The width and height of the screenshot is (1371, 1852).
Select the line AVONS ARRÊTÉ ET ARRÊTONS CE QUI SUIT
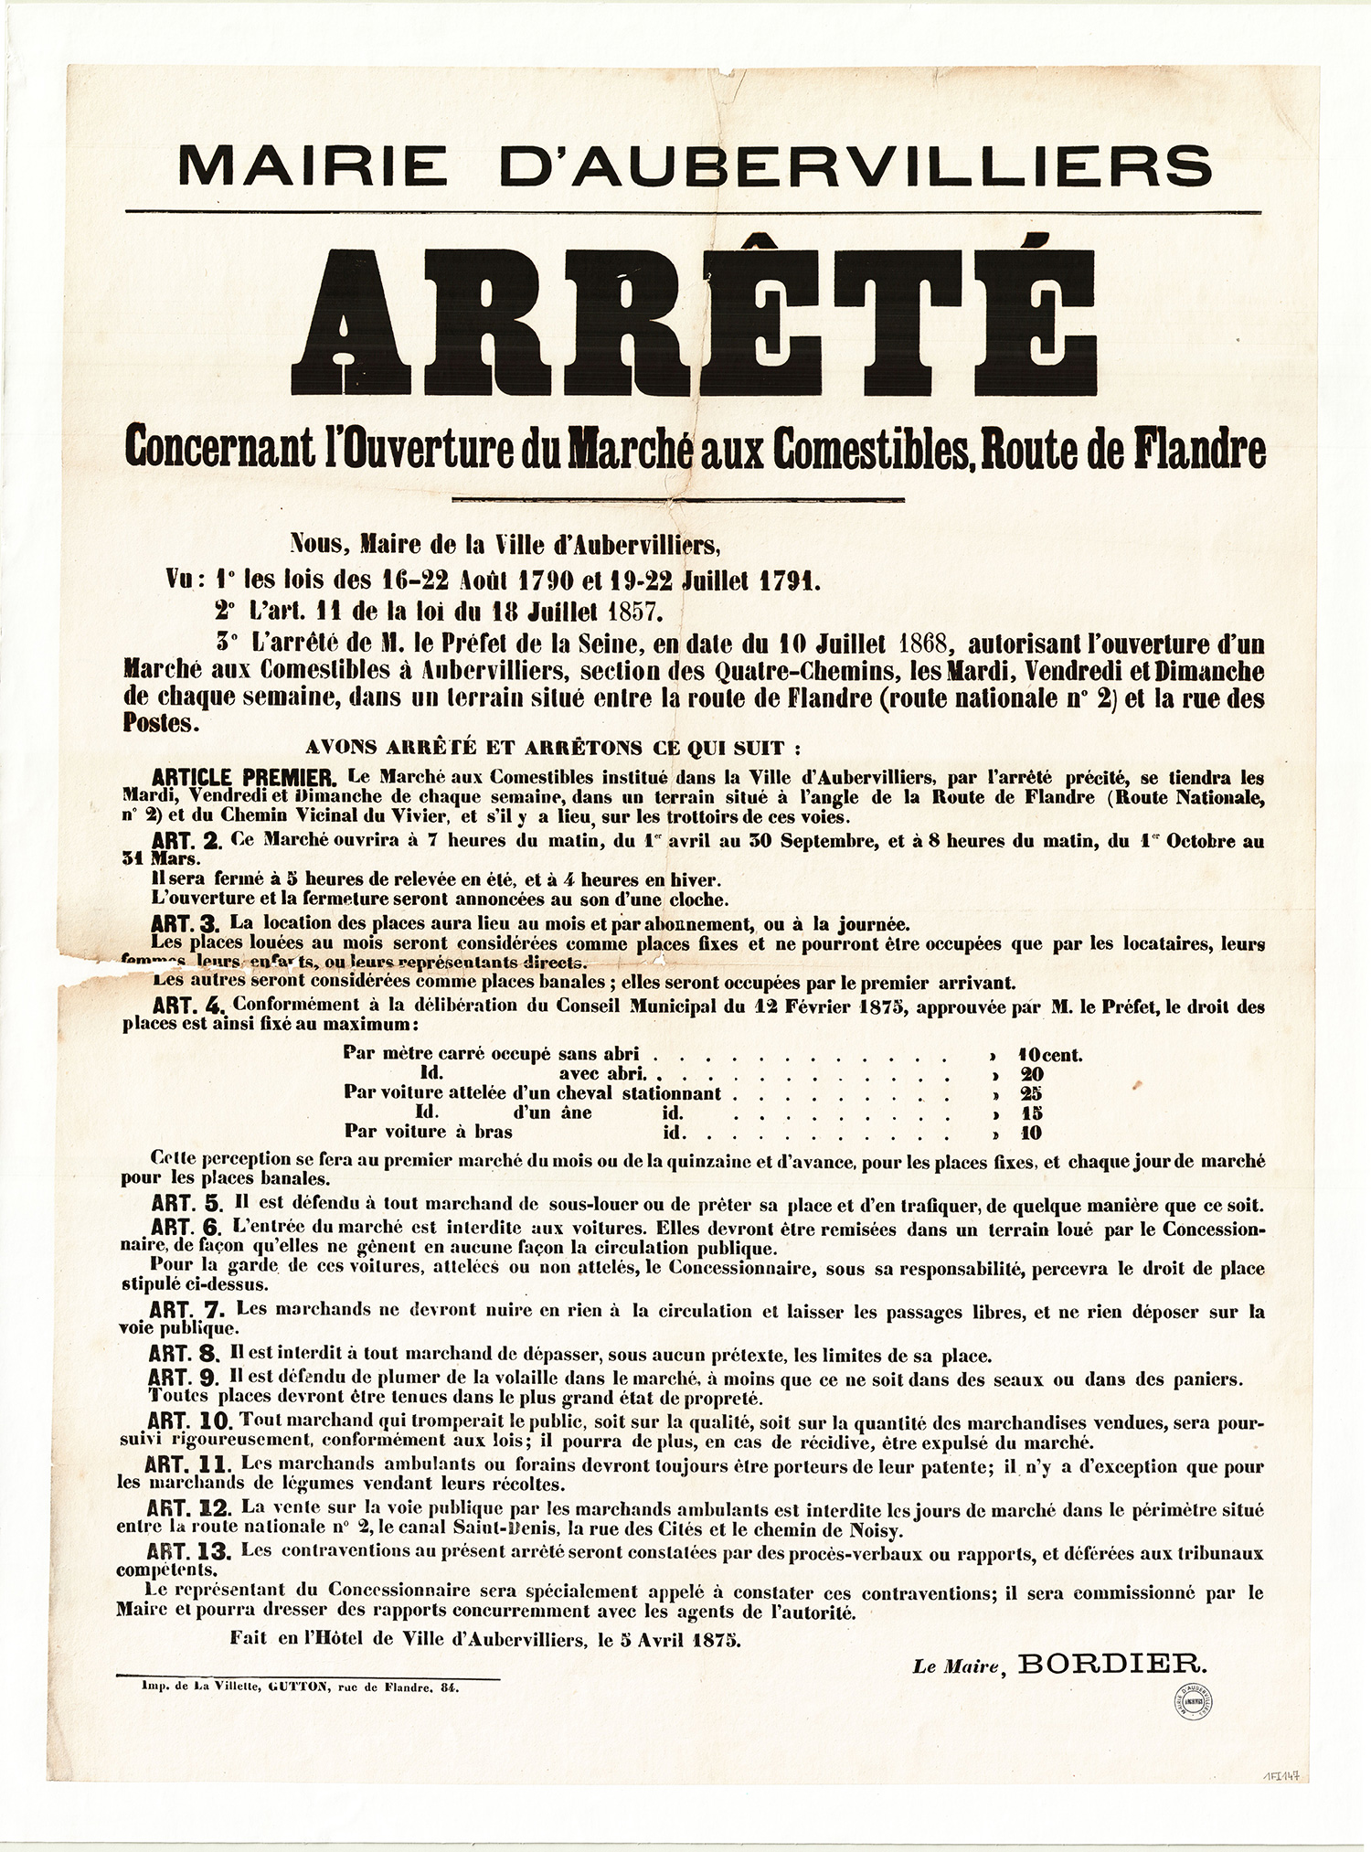tap(553, 749)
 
